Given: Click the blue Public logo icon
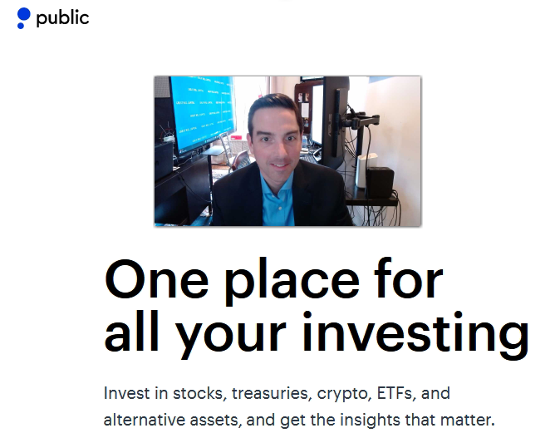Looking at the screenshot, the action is click(x=23, y=18).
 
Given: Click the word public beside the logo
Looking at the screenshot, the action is click(x=62, y=18).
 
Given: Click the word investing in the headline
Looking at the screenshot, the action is click(x=415, y=335).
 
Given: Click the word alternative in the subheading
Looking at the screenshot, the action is click(x=145, y=420).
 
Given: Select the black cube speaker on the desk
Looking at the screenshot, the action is click(x=380, y=182).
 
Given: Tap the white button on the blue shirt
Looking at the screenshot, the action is click(x=280, y=209).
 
